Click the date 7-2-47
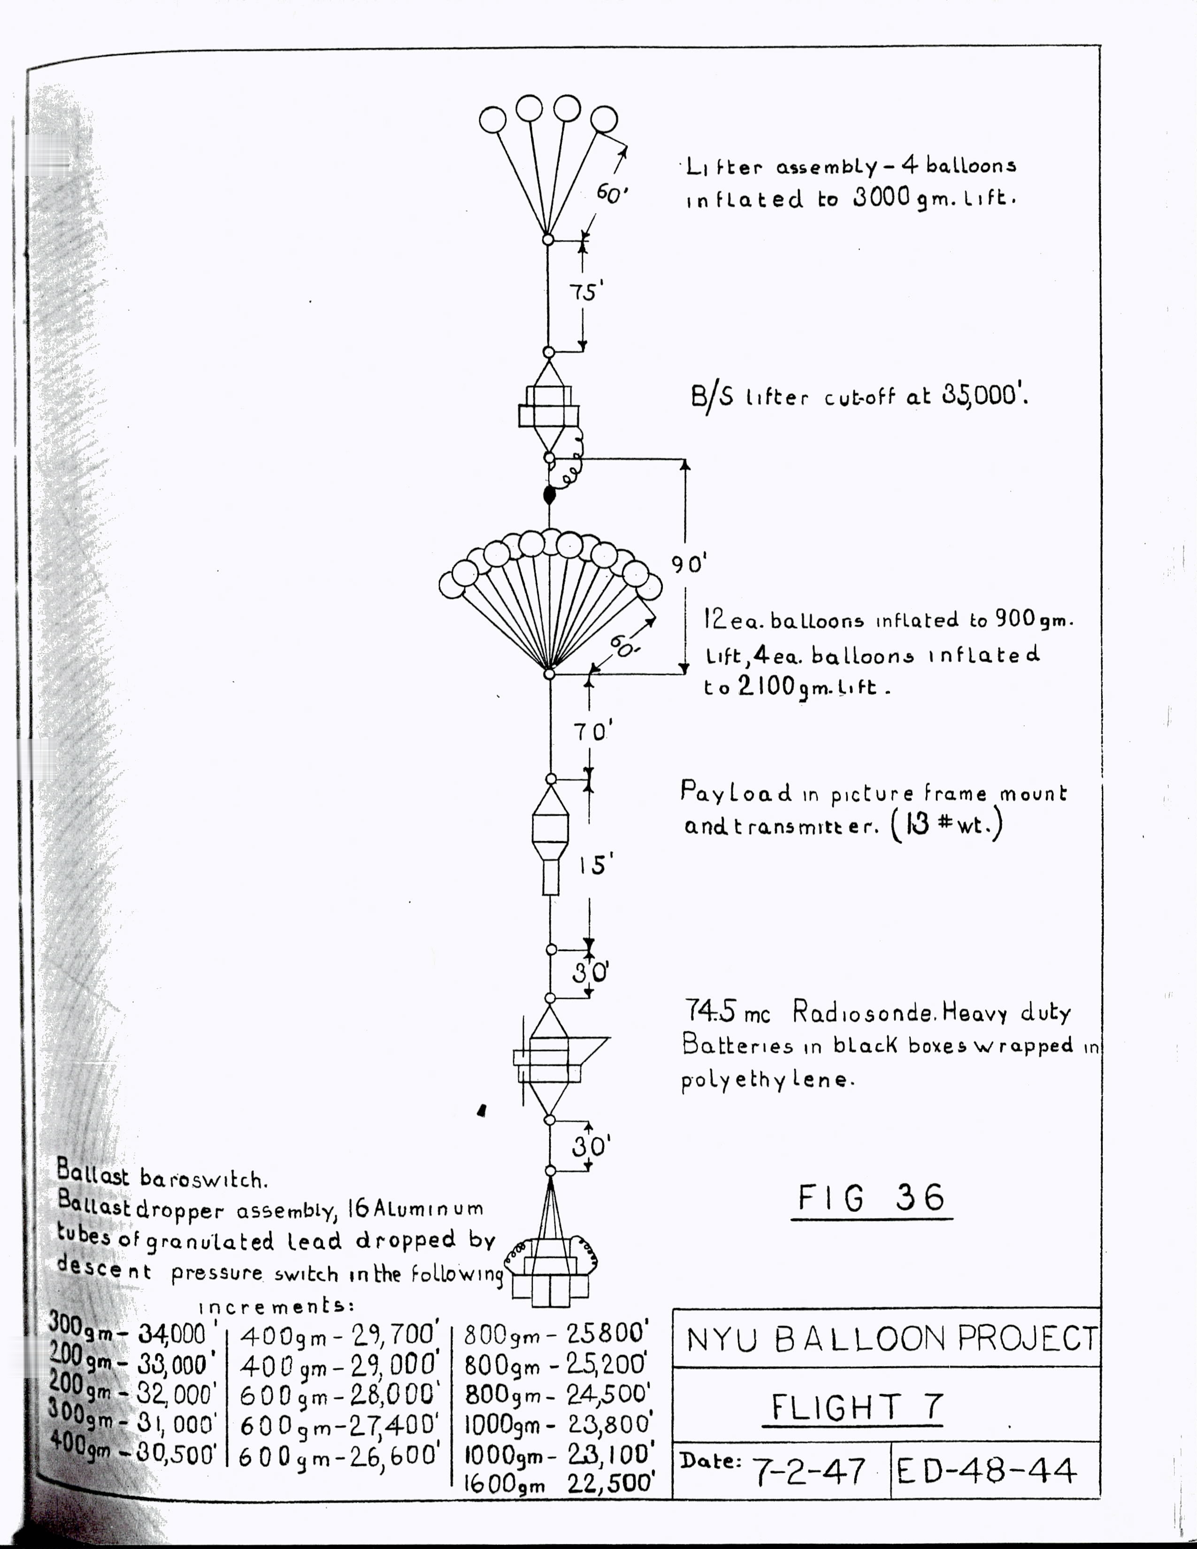click(x=808, y=1472)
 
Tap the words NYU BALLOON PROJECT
click(x=892, y=1339)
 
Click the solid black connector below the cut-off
click(x=549, y=495)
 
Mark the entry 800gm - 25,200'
click(x=556, y=1365)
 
